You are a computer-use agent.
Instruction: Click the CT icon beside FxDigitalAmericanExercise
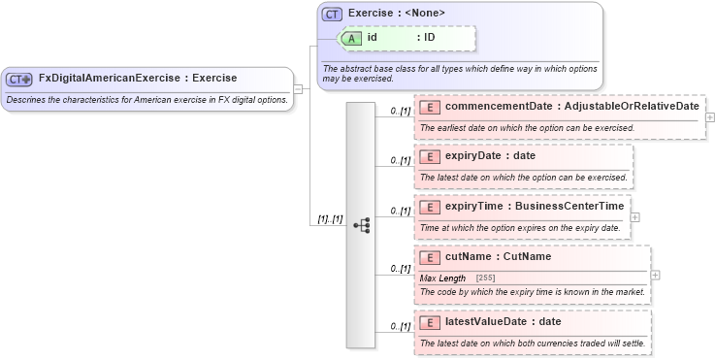pos(19,79)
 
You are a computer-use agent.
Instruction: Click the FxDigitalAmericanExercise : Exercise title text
pos(137,78)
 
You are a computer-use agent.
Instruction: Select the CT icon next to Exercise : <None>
pos(332,14)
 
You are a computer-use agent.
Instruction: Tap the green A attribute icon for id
pos(351,38)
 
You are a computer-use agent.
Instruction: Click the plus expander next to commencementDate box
pos(710,117)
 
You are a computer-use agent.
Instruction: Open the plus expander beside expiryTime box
pos(635,216)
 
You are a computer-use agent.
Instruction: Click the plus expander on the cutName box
pos(656,275)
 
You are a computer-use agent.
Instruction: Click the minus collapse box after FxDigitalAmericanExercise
pos(298,88)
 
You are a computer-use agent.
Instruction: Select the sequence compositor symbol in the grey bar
pos(361,224)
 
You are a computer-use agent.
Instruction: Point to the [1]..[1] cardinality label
pos(331,219)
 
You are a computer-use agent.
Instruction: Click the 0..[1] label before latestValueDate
pos(400,326)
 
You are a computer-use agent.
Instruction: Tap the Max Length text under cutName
pos(442,278)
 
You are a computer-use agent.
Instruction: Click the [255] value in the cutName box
pos(486,278)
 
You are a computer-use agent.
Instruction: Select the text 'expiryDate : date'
pos(490,155)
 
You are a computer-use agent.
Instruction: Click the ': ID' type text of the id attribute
pos(431,38)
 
